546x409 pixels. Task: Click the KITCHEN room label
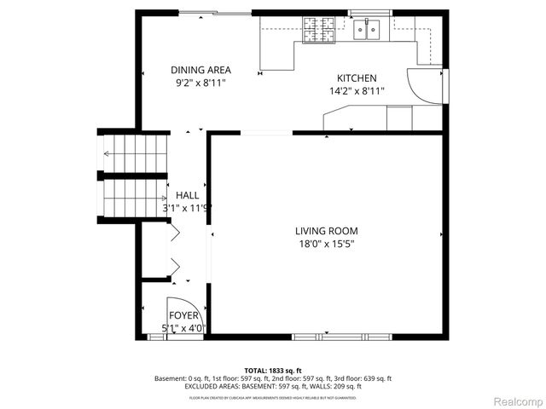[357, 78]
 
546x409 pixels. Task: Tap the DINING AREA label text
[200, 71]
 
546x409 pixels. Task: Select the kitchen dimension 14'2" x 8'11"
[357, 90]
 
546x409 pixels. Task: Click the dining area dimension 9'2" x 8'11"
[200, 84]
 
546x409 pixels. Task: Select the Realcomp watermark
[515, 400]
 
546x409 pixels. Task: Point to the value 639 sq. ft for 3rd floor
[376, 378]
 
